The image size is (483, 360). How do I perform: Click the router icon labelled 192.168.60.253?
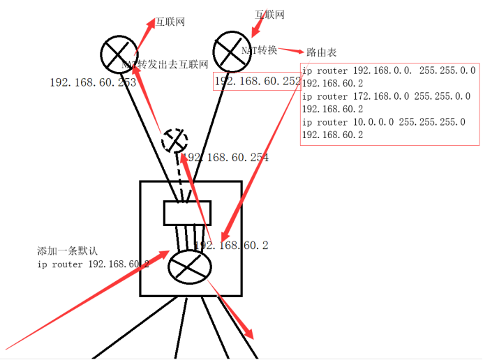121,53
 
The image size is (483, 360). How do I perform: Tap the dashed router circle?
174,141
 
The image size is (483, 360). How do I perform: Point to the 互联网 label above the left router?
170,22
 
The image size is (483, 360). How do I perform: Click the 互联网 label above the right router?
269,14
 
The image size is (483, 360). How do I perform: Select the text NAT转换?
260,50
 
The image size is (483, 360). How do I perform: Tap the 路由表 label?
322,52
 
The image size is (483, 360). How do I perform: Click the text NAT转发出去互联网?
166,65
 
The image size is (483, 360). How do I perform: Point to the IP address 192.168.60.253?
93,82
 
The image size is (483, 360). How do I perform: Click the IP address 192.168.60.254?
227,158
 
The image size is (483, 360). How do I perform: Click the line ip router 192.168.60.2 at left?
93,264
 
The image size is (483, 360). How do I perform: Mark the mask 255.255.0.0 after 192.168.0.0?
447,70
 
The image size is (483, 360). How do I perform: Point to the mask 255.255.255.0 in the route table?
432,122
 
